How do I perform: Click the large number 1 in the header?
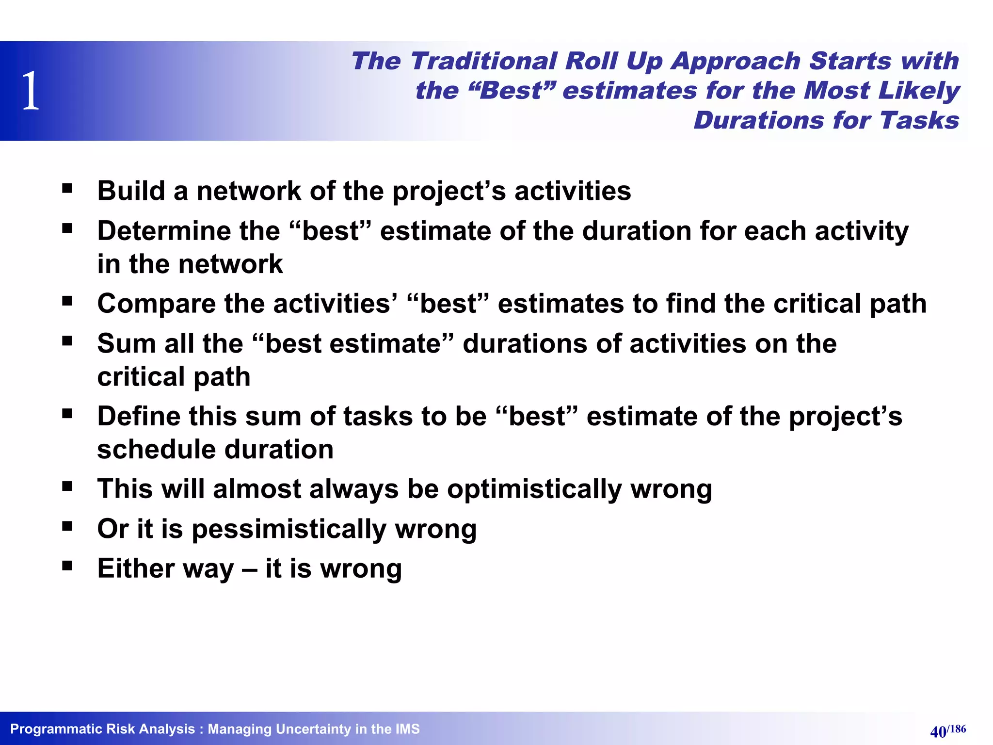click(x=31, y=91)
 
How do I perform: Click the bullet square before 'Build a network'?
click(x=67, y=188)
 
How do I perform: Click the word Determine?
click(x=164, y=231)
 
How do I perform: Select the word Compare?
click(x=156, y=304)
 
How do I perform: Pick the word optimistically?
click(x=534, y=489)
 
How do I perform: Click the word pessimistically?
click(x=289, y=529)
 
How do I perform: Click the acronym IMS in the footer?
click(x=407, y=729)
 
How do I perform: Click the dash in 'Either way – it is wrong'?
click(x=249, y=568)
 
